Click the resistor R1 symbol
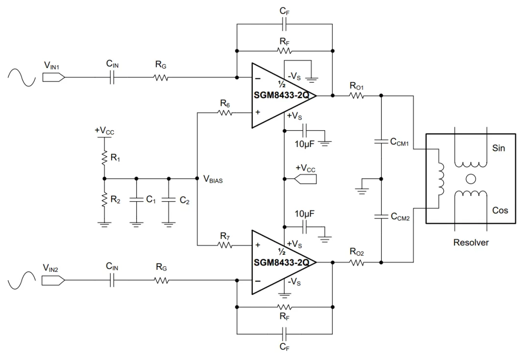pyautogui.click(x=104, y=158)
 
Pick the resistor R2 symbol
pyautogui.click(x=104, y=200)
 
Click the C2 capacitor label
pyautogui.click(x=184, y=200)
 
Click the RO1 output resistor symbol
pyautogui.click(x=357, y=96)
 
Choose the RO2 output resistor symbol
pyautogui.click(x=357, y=263)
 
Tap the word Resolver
pyautogui.click(x=471, y=242)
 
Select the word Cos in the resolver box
pyautogui.click(x=500, y=210)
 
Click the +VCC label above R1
pyautogui.click(x=104, y=131)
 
